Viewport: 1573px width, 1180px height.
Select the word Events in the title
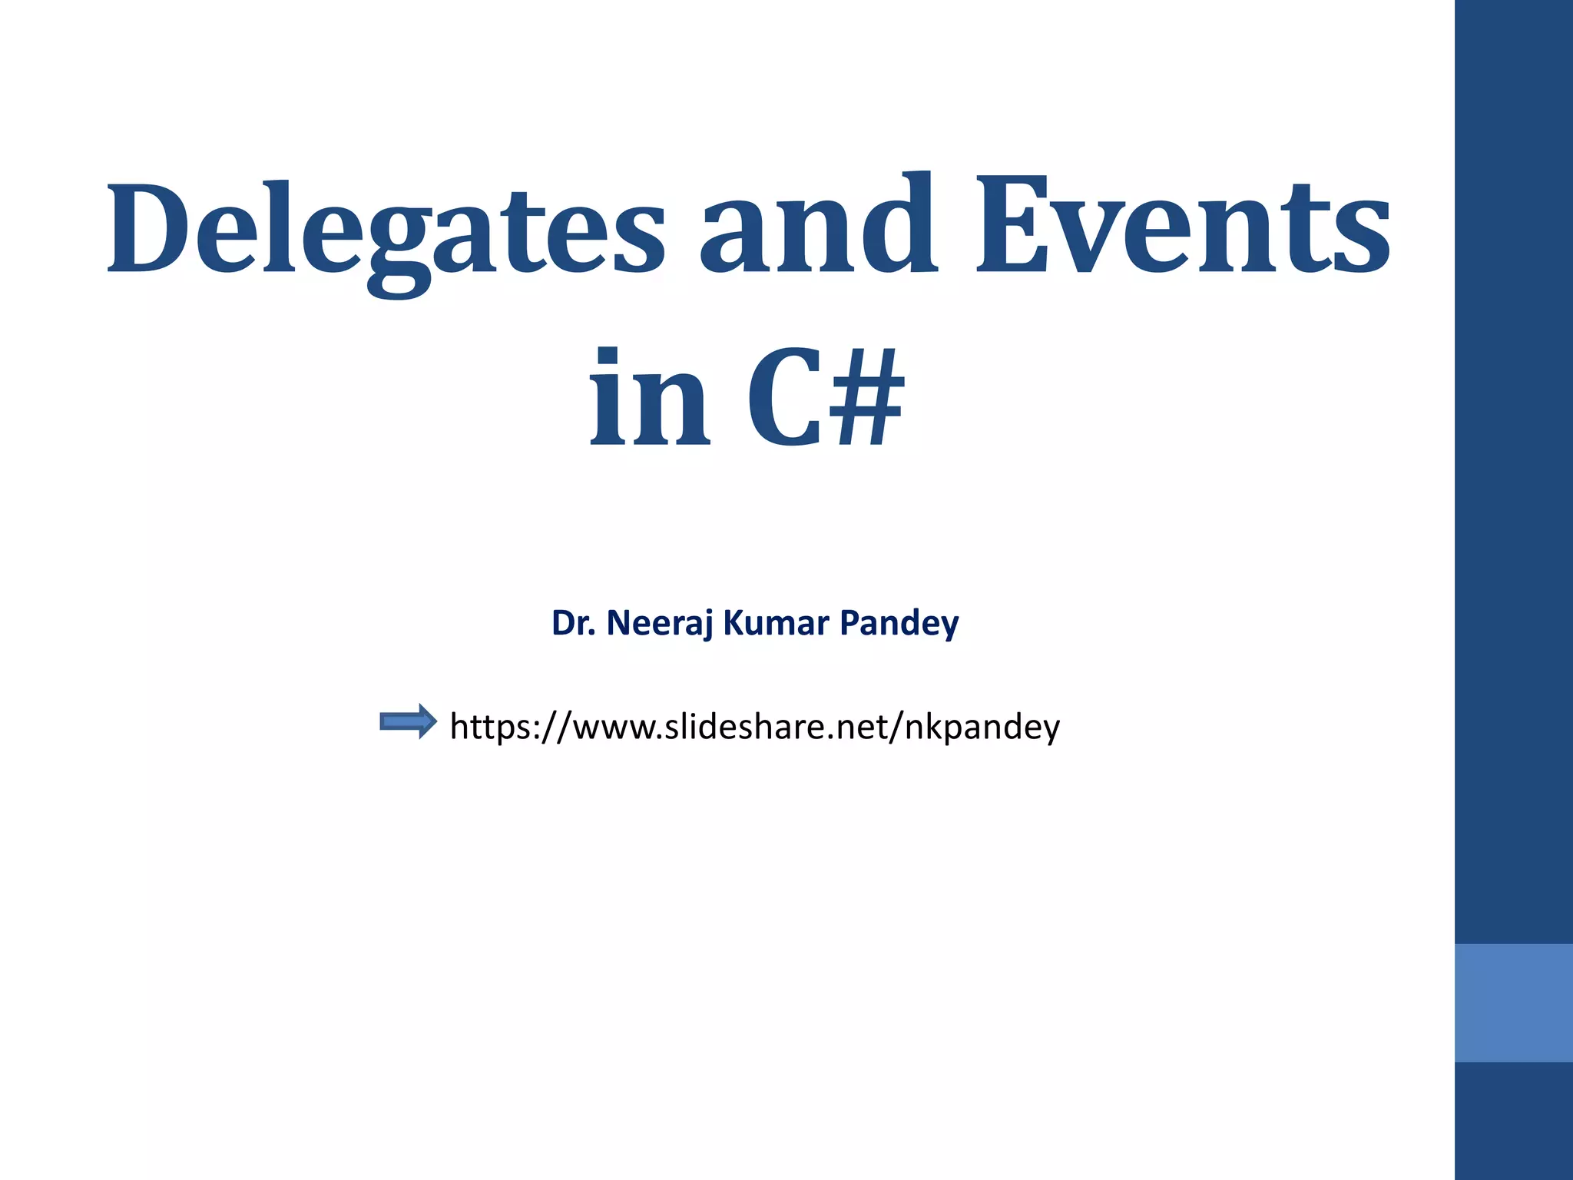[1183, 226]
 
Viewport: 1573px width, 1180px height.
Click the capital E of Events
[1014, 227]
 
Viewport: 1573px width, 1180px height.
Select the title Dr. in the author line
[574, 623]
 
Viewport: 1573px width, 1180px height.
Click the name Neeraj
[660, 623]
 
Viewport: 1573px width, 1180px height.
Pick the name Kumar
[777, 623]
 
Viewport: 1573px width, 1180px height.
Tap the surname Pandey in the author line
[899, 623]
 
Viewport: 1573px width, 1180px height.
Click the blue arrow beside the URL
[408, 721]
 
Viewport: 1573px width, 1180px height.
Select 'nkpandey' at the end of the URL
[982, 727]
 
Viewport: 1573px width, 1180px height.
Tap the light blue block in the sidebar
[1513, 1003]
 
